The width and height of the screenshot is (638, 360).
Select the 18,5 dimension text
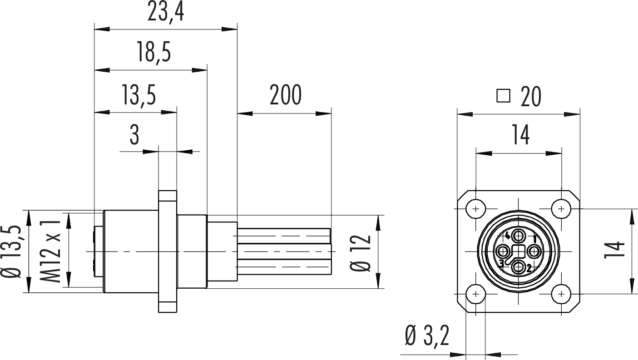154,52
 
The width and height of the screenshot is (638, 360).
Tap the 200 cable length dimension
285,94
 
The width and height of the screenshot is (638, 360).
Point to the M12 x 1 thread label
50,251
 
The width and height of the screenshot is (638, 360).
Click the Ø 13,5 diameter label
11,252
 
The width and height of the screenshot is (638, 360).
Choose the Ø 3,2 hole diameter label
427,336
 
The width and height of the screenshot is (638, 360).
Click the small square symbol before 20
503,96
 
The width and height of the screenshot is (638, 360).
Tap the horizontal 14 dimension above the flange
521,135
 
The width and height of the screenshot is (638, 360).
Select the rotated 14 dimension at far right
614,250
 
